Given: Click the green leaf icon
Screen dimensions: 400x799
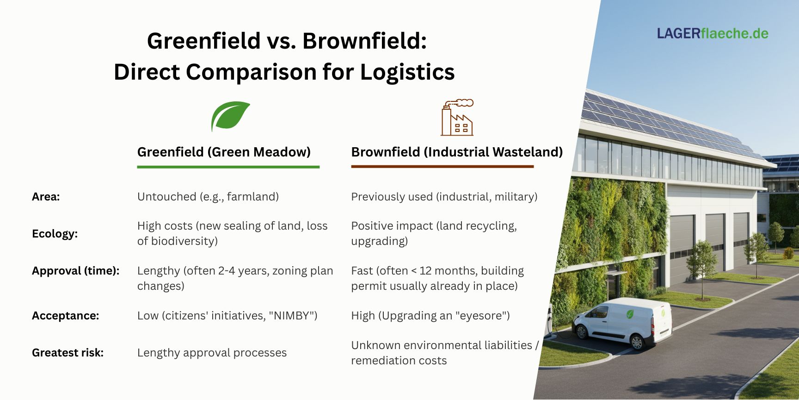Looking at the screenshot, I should [230, 116].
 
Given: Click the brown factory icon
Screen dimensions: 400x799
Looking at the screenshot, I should [457, 118].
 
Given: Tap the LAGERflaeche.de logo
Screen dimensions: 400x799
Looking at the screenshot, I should [713, 33].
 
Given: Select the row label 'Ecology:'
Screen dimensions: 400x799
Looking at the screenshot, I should [55, 233].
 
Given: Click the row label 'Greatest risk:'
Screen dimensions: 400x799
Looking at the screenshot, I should [68, 352].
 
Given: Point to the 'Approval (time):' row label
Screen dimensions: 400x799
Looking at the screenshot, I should [75, 270].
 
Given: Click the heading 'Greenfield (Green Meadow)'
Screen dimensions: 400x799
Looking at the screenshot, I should [224, 152].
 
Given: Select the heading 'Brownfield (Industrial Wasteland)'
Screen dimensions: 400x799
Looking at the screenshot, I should [457, 152].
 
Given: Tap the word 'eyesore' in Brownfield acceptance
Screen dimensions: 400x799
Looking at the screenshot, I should [482, 315].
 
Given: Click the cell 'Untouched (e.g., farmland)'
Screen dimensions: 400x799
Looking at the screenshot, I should [208, 196].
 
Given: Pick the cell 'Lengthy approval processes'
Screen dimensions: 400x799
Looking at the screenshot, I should [212, 352].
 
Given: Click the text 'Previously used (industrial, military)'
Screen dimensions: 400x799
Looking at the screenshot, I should [444, 196].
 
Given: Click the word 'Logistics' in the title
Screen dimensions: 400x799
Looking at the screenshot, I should [407, 72].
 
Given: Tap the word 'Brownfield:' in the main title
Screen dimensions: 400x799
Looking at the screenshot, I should [364, 41].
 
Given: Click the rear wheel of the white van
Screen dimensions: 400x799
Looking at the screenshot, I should [637, 342].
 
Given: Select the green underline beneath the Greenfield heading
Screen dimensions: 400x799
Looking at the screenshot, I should [228, 167].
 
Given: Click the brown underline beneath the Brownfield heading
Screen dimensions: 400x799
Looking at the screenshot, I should [442, 166].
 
